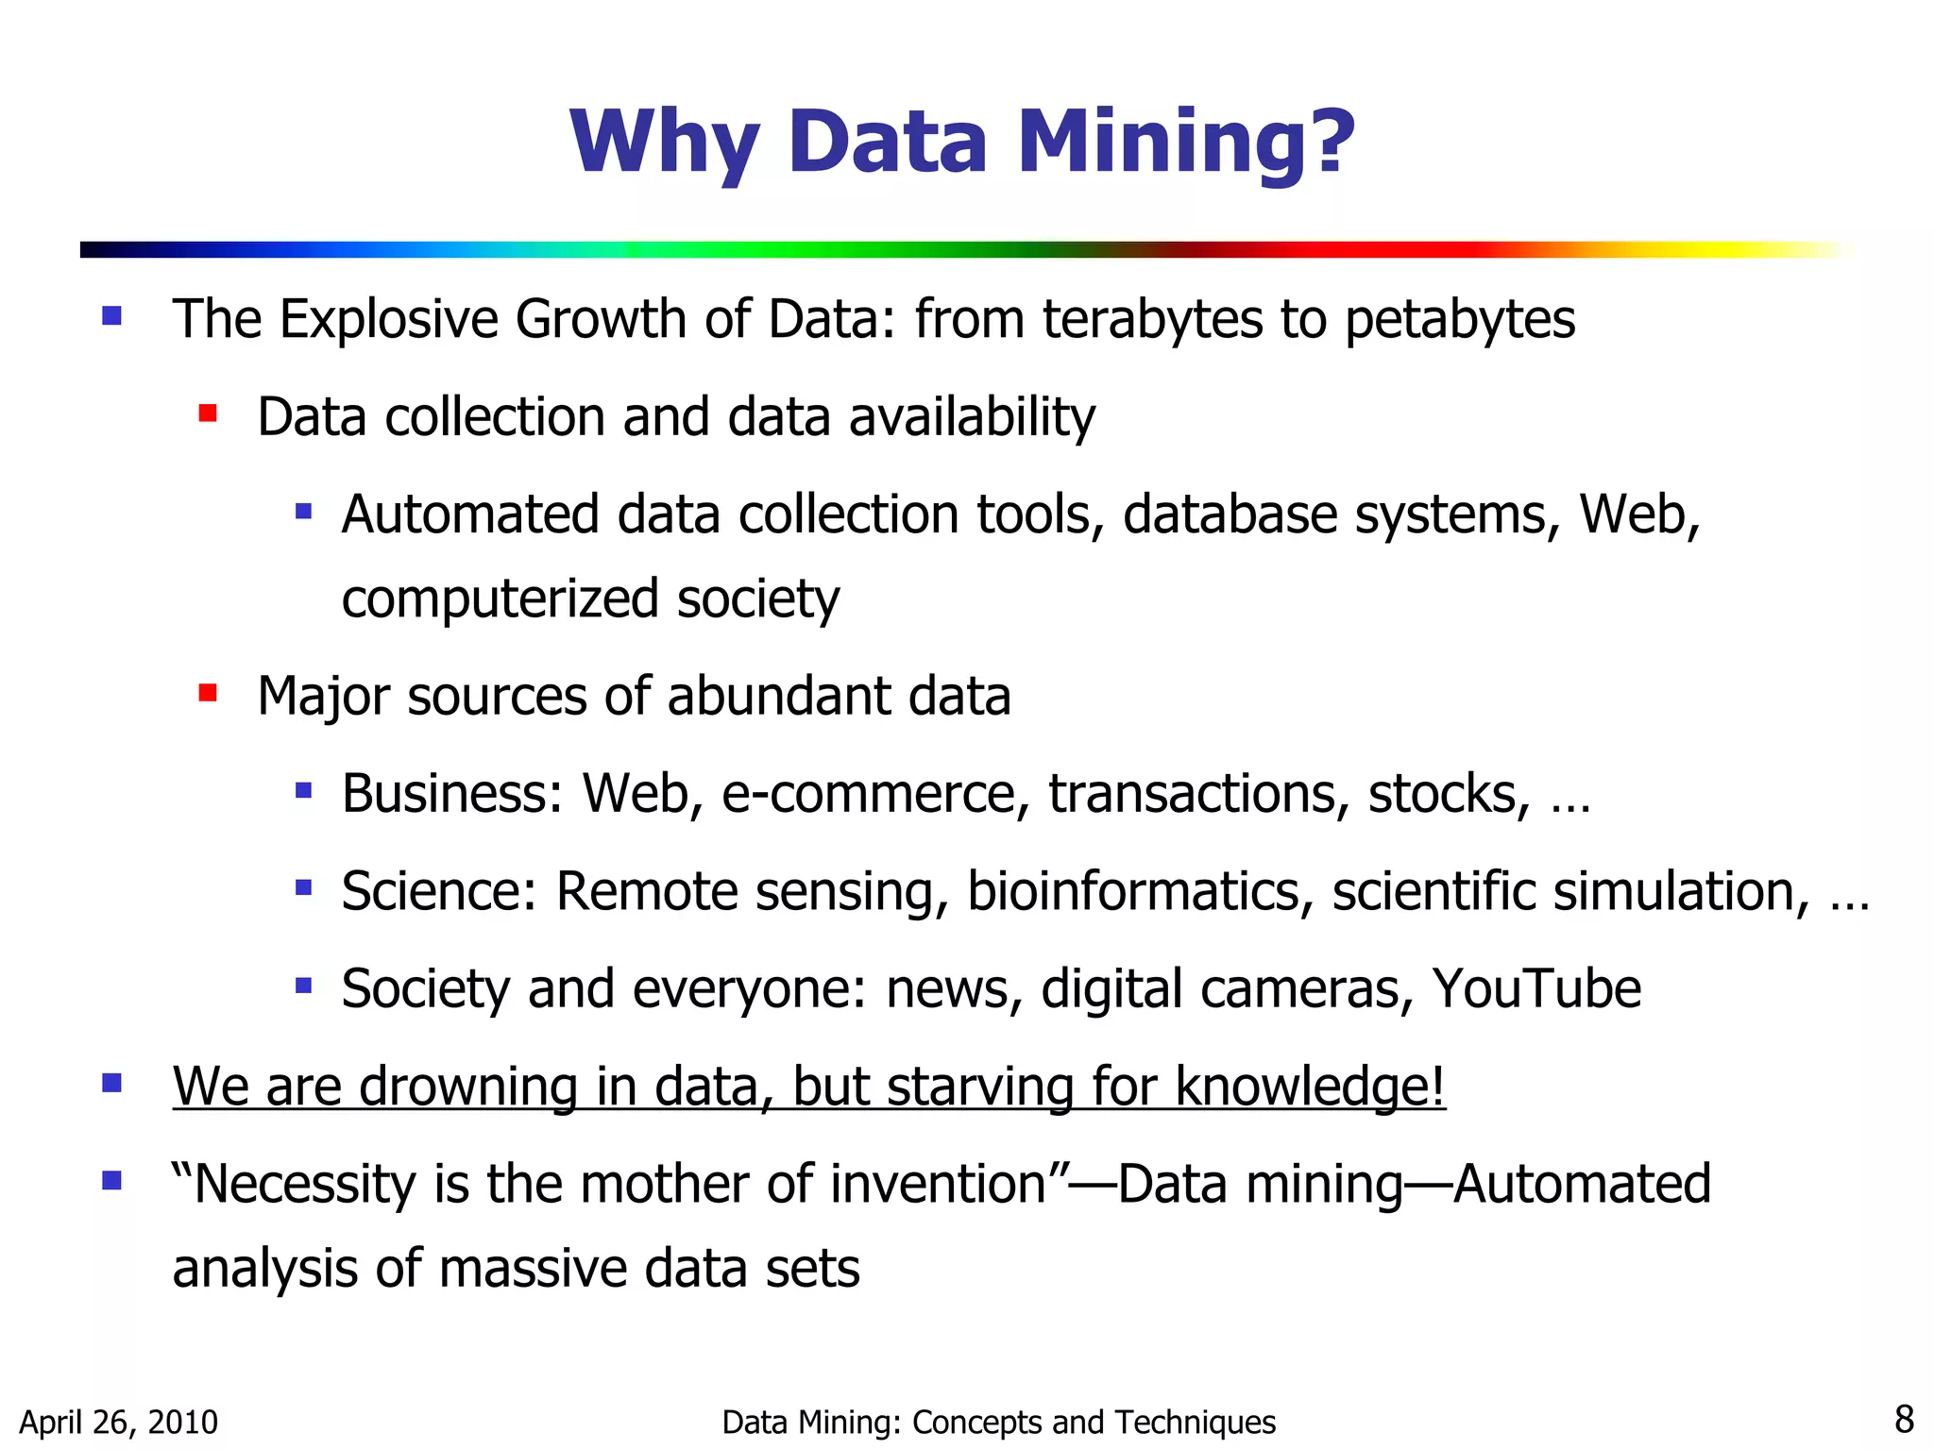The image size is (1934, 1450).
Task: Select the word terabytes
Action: pos(1152,319)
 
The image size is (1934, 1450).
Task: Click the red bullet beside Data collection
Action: pos(208,413)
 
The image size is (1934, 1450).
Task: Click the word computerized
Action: pos(500,600)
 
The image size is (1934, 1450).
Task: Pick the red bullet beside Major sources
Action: pos(208,694)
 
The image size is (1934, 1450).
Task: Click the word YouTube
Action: pos(1536,989)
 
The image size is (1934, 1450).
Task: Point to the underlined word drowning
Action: pos(468,1087)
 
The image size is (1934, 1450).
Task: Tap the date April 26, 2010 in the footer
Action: pos(119,1422)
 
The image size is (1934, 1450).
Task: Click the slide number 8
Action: pos(1904,1420)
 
